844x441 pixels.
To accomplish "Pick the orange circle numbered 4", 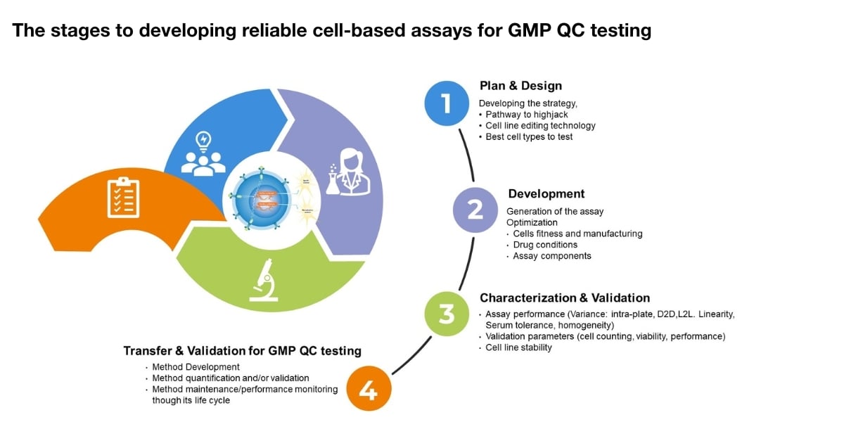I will click(x=369, y=389).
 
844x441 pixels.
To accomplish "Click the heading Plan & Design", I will click(x=520, y=86).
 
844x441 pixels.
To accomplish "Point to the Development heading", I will click(x=546, y=193).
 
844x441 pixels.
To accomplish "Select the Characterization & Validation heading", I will click(x=564, y=298).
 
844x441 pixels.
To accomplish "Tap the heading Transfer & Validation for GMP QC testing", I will click(x=242, y=350).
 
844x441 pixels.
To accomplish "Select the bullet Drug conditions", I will click(x=545, y=245).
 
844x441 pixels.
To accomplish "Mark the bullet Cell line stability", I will click(x=518, y=347).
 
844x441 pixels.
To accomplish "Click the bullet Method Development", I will click(x=196, y=367).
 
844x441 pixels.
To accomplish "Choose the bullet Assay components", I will click(x=552, y=256).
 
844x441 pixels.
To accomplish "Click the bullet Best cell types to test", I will click(x=529, y=137).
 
